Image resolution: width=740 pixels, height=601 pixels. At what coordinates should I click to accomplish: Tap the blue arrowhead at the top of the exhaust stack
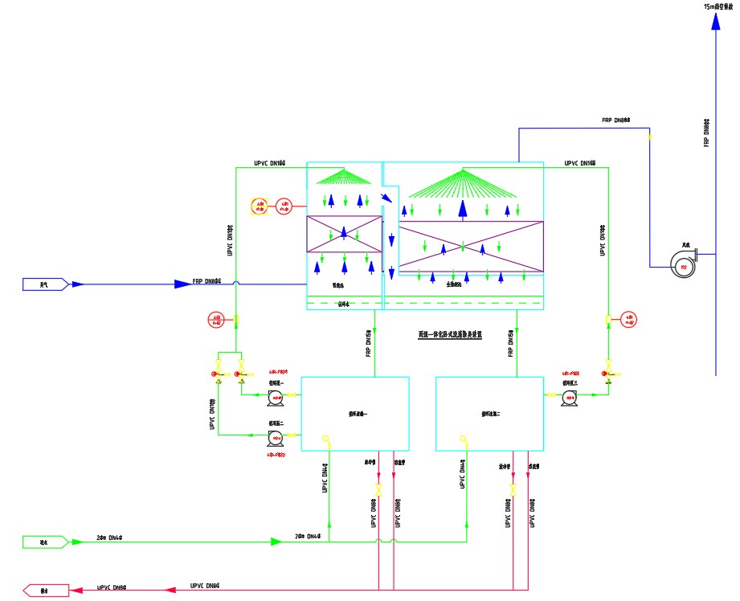[715, 22]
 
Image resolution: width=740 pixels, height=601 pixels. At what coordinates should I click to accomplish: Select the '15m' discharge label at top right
[719, 6]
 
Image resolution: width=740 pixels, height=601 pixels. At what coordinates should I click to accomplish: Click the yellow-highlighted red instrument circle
[260, 206]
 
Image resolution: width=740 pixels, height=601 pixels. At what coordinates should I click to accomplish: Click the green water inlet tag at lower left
[45, 542]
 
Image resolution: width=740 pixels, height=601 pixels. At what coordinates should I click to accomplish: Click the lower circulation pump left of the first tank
[276, 437]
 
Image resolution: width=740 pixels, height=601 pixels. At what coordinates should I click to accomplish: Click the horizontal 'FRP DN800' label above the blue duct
[616, 121]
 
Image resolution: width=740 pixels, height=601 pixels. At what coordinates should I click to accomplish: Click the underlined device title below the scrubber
[450, 333]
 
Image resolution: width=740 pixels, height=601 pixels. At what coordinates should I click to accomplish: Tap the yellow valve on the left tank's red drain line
[378, 489]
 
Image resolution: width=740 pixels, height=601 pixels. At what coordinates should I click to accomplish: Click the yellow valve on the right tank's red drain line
[513, 489]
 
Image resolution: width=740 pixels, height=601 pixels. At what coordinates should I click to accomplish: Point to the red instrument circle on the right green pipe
[629, 319]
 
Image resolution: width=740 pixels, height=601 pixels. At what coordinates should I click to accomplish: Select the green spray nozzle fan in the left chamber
[345, 177]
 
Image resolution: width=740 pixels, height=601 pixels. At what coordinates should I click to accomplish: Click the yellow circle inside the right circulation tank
[464, 438]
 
